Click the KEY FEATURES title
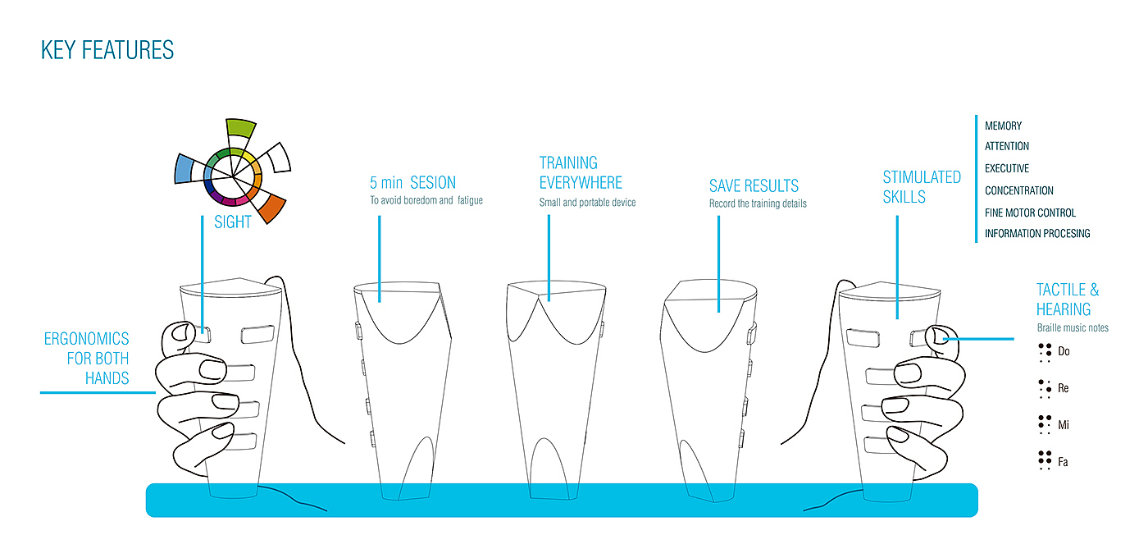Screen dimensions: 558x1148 pyautogui.click(x=107, y=50)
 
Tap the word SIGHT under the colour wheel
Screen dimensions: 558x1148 pyautogui.click(x=232, y=222)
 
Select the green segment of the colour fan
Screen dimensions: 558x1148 pyautogui.click(x=241, y=128)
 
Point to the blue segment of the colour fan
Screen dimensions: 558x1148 pyautogui.click(x=185, y=169)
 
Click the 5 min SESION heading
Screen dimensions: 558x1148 pyautogui.click(x=412, y=182)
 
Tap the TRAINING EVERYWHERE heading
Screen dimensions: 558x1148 pyautogui.click(x=581, y=172)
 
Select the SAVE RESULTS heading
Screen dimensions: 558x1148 pyautogui.click(x=754, y=186)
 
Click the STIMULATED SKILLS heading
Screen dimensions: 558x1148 pyautogui.click(x=922, y=187)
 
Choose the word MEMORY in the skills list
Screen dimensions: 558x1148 pyautogui.click(x=1003, y=126)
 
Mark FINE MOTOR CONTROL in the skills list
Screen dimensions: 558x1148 pyautogui.click(x=1030, y=213)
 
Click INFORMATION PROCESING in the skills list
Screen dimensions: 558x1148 pyautogui.click(x=1037, y=234)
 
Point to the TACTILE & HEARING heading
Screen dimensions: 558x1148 pyautogui.click(x=1068, y=300)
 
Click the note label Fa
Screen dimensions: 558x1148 pyautogui.click(x=1063, y=463)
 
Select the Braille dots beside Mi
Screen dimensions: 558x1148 pyautogui.click(x=1045, y=424)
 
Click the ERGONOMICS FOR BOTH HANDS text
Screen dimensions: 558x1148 pyautogui.click(x=87, y=358)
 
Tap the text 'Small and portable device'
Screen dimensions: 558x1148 pyautogui.click(x=587, y=203)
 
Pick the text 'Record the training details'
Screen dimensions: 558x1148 pyautogui.click(x=758, y=204)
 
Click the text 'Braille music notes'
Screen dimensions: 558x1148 pyautogui.click(x=1072, y=328)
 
